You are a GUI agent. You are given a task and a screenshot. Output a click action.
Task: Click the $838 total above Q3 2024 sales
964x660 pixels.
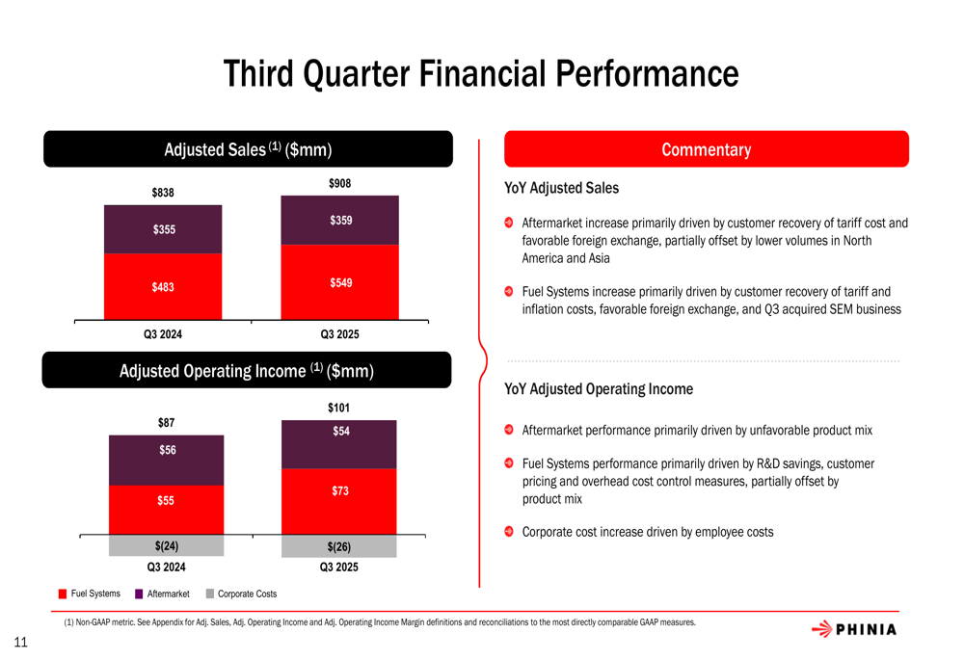click(x=163, y=193)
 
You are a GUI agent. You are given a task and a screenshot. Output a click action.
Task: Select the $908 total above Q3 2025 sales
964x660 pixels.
click(x=340, y=183)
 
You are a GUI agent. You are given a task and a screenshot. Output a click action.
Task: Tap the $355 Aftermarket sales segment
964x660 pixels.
click(x=163, y=230)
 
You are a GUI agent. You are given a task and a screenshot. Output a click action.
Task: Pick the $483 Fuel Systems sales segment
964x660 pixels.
click(x=163, y=287)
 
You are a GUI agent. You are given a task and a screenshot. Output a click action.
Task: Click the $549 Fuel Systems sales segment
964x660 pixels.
click(x=340, y=282)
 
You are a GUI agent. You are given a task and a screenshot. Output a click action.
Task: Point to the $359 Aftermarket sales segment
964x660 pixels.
click(x=340, y=220)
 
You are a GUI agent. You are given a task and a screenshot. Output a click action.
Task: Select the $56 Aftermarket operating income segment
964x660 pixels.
click(x=167, y=461)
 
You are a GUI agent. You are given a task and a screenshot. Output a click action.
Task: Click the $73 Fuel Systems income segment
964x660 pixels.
click(x=338, y=501)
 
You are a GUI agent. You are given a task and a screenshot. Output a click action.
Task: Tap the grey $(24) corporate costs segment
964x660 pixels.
click(x=167, y=545)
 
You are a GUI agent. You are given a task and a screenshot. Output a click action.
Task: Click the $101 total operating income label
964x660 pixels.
click(x=338, y=409)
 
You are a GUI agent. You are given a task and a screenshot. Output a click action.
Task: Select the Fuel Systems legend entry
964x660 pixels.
click(x=89, y=594)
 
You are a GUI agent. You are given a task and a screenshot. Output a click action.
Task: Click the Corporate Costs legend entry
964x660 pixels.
click(x=241, y=594)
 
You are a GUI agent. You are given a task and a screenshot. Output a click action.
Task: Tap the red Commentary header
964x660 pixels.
click(x=707, y=148)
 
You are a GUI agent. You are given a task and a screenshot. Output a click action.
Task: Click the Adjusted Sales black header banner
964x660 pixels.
click(x=248, y=148)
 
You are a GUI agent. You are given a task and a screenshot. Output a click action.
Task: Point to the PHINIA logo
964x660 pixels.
click(x=854, y=629)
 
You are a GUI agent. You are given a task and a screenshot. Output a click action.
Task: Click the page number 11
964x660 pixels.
click(x=20, y=643)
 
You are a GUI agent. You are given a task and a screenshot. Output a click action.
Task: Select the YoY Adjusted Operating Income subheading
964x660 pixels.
click(x=599, y=389)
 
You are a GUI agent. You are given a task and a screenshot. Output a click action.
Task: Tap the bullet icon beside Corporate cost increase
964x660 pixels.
click(x=508, y=531)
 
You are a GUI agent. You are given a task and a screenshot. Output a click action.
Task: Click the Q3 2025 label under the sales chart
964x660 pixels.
click(x=340, y=334)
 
